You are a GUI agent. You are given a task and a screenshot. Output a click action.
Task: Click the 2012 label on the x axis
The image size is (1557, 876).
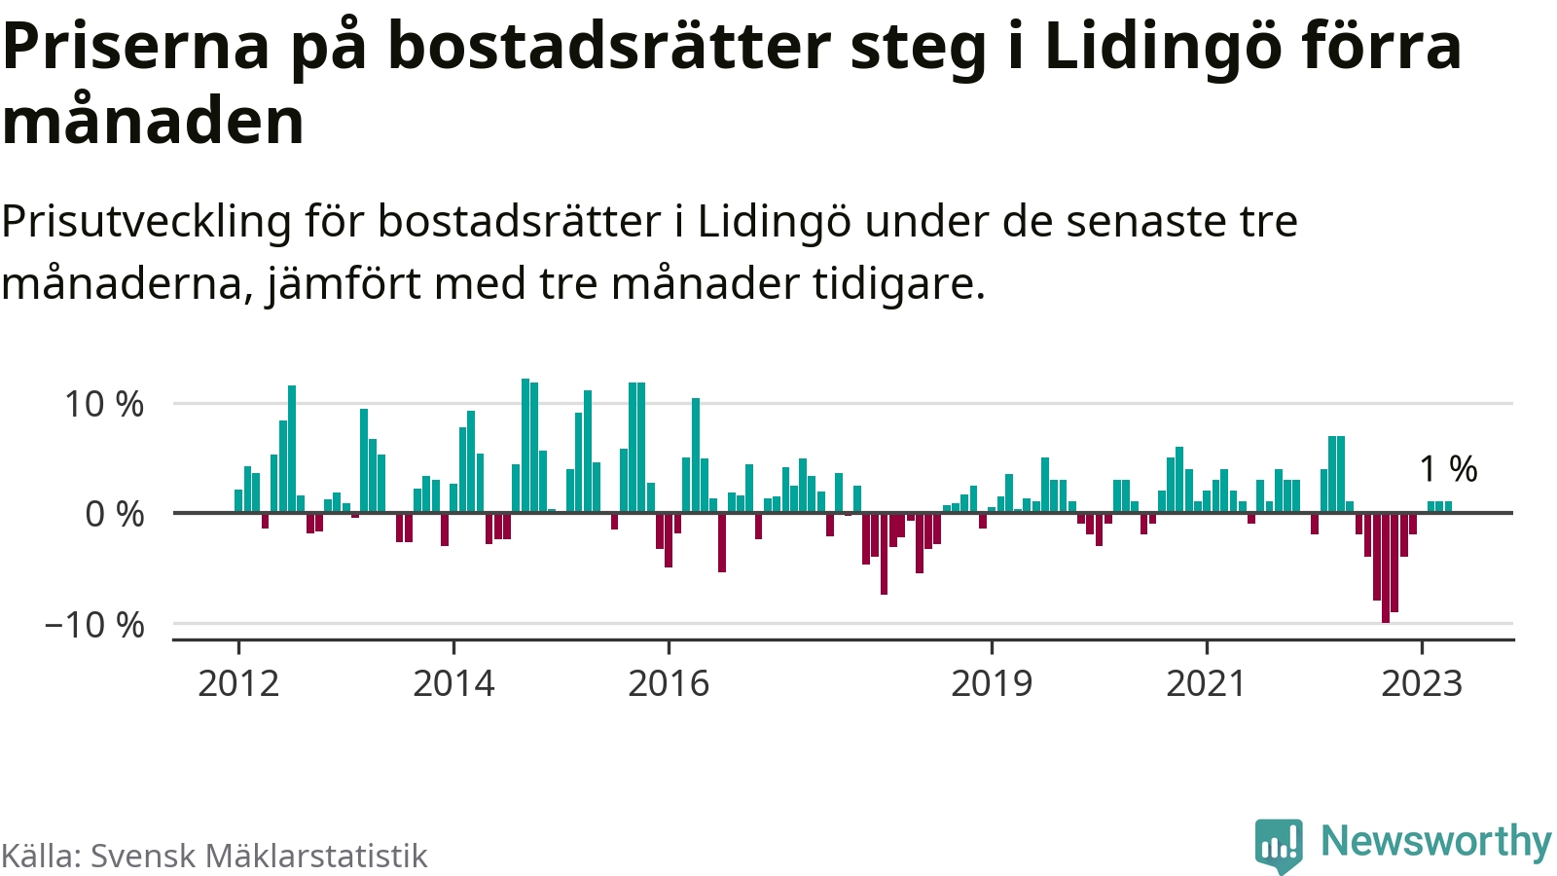coord(238,683)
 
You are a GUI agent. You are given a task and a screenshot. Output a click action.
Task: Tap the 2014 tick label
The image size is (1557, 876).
coord(453,683)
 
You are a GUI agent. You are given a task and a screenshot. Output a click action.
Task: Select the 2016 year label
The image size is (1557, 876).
coord(669,683)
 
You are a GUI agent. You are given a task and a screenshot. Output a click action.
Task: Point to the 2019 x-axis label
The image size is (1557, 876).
coord(992,683)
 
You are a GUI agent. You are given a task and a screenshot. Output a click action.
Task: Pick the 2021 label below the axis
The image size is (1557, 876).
coord(1206,683)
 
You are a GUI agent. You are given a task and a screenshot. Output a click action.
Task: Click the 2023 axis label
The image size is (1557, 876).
coord(1422,683)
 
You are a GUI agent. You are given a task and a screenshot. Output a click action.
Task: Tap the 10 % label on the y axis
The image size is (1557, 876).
coord(104,404)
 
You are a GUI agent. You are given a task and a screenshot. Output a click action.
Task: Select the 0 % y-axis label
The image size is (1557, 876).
coord(115,514)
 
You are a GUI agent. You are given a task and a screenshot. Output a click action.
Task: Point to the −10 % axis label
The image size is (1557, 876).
coord(94,625)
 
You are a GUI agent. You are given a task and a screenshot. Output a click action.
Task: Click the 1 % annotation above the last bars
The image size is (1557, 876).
coord(1448,469)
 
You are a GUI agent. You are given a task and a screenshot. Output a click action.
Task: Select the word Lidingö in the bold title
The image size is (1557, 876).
coord(1148,47)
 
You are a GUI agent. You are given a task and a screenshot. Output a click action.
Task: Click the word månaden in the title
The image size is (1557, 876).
coord(154,123)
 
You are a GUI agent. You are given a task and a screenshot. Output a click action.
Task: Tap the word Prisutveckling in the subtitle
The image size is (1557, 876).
coord(146,222)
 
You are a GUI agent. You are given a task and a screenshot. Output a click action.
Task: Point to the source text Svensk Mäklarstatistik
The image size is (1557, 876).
coord(259,856)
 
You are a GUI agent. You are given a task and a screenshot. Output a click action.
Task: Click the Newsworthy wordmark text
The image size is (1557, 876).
coord(1435,841)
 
